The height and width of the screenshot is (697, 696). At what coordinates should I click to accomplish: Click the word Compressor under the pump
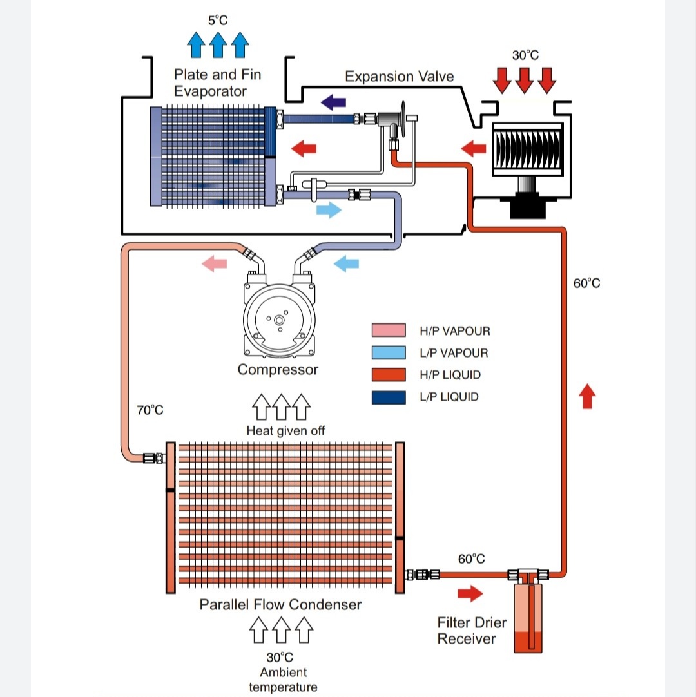[278, 370]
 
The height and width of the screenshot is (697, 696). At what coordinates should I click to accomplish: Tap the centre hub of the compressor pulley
[278, 320]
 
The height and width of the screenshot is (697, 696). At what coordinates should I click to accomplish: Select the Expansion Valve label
[399, 77]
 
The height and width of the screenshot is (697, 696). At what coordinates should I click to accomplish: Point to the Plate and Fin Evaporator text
[217, 82]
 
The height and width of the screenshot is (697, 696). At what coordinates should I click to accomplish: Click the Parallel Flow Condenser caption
[280, 605]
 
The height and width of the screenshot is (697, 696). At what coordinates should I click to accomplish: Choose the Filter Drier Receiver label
[472, 631]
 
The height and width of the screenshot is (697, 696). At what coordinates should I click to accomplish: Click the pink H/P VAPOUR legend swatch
[389, 331]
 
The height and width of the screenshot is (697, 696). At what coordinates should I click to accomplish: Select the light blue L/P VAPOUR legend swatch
[389, 353]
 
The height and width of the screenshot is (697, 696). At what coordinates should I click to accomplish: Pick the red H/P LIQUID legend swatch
[389, 375]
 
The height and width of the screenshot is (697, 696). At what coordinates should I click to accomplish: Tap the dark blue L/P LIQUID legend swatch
[389, 397]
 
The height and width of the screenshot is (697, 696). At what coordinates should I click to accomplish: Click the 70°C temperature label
[150, 410]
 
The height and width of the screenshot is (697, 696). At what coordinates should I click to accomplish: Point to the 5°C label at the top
[218, 21]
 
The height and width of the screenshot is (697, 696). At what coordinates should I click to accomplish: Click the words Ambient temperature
[283, 680]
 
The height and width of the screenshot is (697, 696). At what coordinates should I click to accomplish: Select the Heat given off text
[285, 431]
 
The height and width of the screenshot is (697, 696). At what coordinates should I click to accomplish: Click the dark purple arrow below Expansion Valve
[333, 101]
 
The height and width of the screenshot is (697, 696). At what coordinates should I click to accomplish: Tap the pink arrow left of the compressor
[214, 263]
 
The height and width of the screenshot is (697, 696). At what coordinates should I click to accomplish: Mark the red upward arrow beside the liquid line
[586, 396]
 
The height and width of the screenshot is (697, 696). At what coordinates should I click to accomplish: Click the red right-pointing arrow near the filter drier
[470, 593]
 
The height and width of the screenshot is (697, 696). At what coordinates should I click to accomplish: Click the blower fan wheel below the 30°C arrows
[527, 151]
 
